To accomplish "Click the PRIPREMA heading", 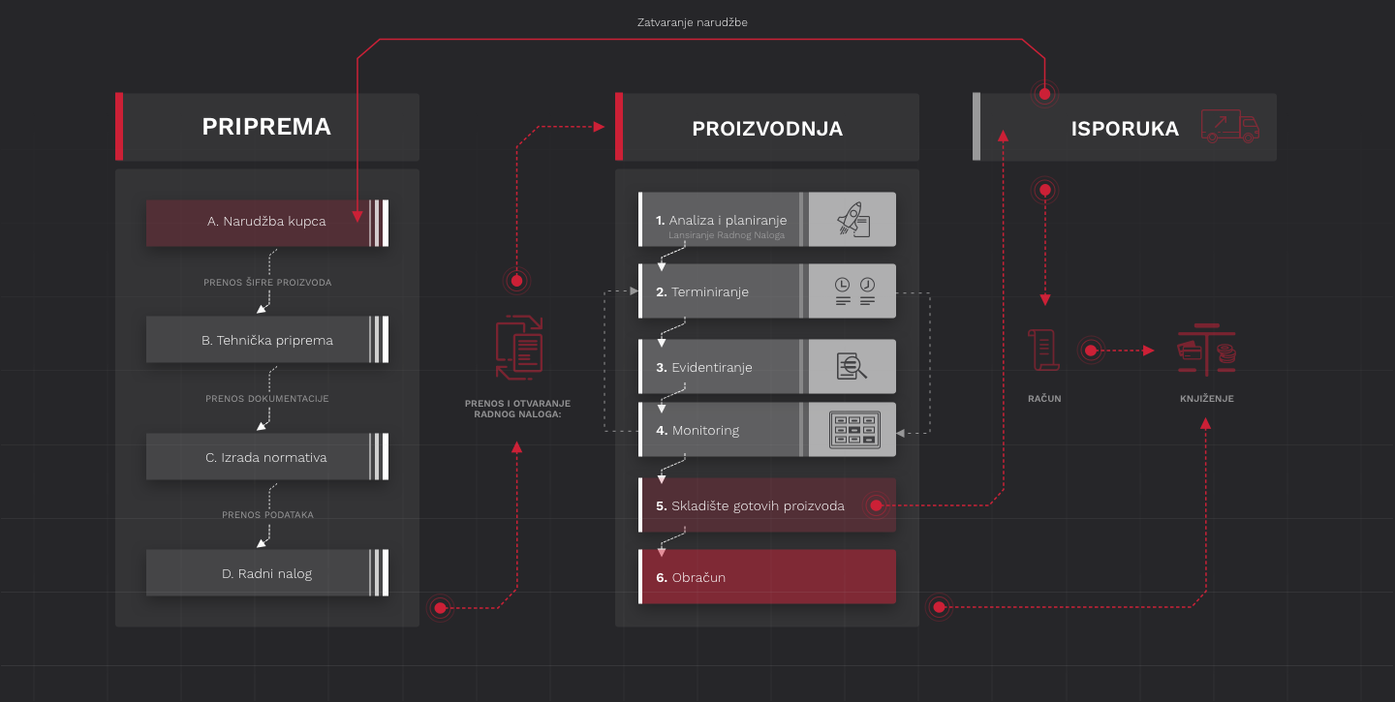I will (x=266, y=127).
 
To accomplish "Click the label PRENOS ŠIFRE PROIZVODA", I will (x=267, y=283).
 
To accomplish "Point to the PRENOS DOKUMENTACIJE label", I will (x=267, y=399).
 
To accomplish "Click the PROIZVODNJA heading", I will (x=767, y=129).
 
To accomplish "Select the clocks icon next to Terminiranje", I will (x=853, y=291).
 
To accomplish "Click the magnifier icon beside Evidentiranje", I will (x=852, y=367).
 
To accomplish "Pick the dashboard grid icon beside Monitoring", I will (x=853, y=430).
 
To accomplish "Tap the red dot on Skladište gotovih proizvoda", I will (x=876, y=505).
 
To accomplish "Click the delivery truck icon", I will (x=1228, y=126).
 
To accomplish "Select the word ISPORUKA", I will (x=1125, y=129).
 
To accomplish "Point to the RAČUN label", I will (x=1044, y=398).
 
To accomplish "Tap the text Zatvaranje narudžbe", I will (x=692, y=22).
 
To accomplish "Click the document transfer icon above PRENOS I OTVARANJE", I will (x=518, y=349).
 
